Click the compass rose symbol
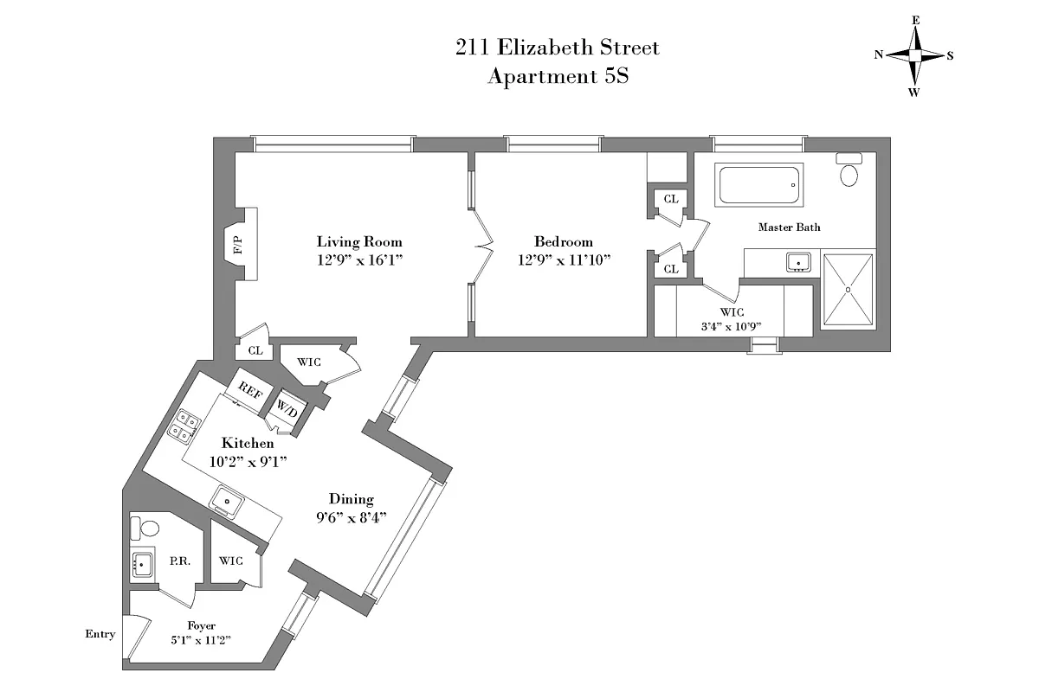coord(914,54)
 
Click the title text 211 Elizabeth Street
coord(558,47)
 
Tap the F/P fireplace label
coord(237,244)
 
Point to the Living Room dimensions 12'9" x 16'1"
coord(359,259)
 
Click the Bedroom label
coord(563,242)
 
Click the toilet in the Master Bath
coord(849,171)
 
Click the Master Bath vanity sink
coord(797,262)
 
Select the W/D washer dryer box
coord(287,408)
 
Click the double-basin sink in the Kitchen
coord(184,424)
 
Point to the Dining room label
coord(351,499)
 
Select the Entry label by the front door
coord(100,634)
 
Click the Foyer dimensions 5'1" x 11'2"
coord(201,640)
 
